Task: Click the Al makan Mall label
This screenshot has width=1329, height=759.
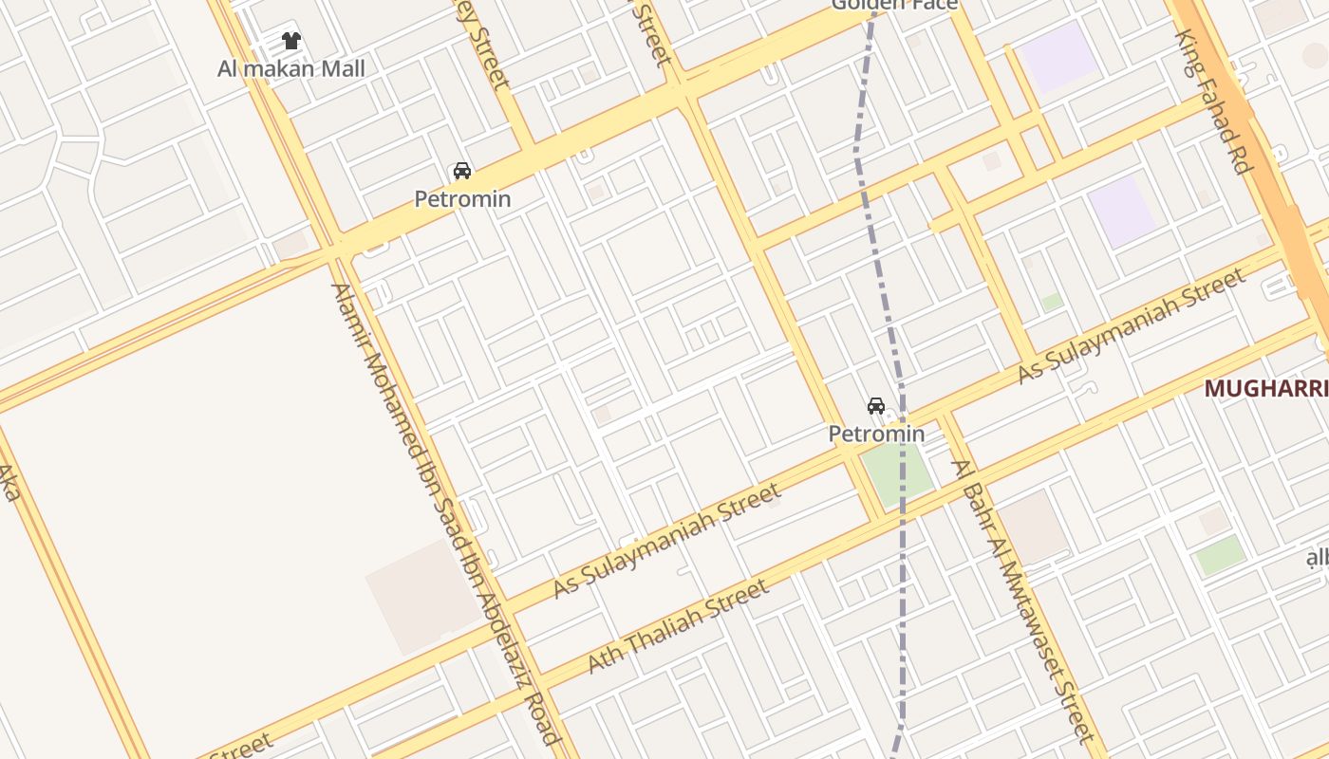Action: pyautogui.click(x=290, y=68)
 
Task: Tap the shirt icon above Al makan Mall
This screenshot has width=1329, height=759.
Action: pyautogui.click(x=291, y=41)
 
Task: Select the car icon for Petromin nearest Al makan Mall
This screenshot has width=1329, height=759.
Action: pyautogui.click(x=462, y=171)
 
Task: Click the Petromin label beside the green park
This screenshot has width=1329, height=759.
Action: pyautogui.click(x=876, y=434)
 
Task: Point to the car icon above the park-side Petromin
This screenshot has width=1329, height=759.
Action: pyautogui.click(x=876, y=406)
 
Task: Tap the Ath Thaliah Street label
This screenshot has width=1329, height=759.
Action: pyautogui.click(x=679, y=627)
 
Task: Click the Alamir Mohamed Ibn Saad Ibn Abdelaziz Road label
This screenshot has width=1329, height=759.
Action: pyautogui.click(x=445, y=512)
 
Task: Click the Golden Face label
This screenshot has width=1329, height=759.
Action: pyautogui.click(x=894, y=5)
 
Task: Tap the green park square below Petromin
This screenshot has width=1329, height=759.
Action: pyautogui.click(x=895, y=474)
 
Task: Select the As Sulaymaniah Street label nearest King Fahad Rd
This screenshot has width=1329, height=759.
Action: pyautogui.click(x=1131, y=325)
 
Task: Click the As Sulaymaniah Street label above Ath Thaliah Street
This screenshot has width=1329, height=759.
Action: pyautogui.click(x=667, y=540)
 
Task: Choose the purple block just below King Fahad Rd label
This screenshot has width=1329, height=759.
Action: pyautogui.click(x=1122, y=210)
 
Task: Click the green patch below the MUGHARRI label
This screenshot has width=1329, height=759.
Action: pyautogui.click(x=1220, y=554)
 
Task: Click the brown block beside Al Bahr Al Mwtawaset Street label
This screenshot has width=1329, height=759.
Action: pyautogui.click(x=1033, y=527)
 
